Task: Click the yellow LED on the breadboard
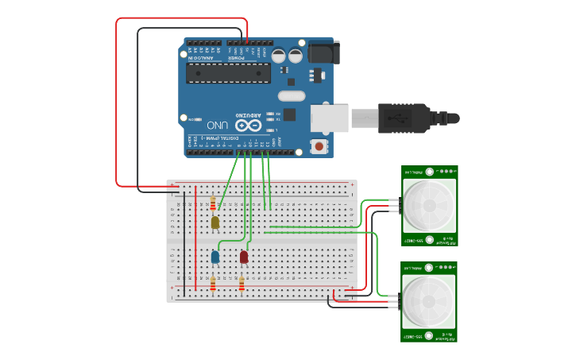(x=215, y=223)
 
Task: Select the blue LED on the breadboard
(x=215, y=257)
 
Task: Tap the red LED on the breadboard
(x=244, y=257)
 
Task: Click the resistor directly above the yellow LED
(x=213, y=203)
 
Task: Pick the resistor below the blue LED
(x=213, y=282)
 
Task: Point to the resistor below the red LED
(x=242, y=282)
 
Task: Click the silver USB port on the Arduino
(x=329, y=118)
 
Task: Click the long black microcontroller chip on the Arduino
(x=228, y=73)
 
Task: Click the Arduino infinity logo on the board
(x=248, y=126)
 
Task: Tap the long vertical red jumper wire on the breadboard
(x=196, y=238)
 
